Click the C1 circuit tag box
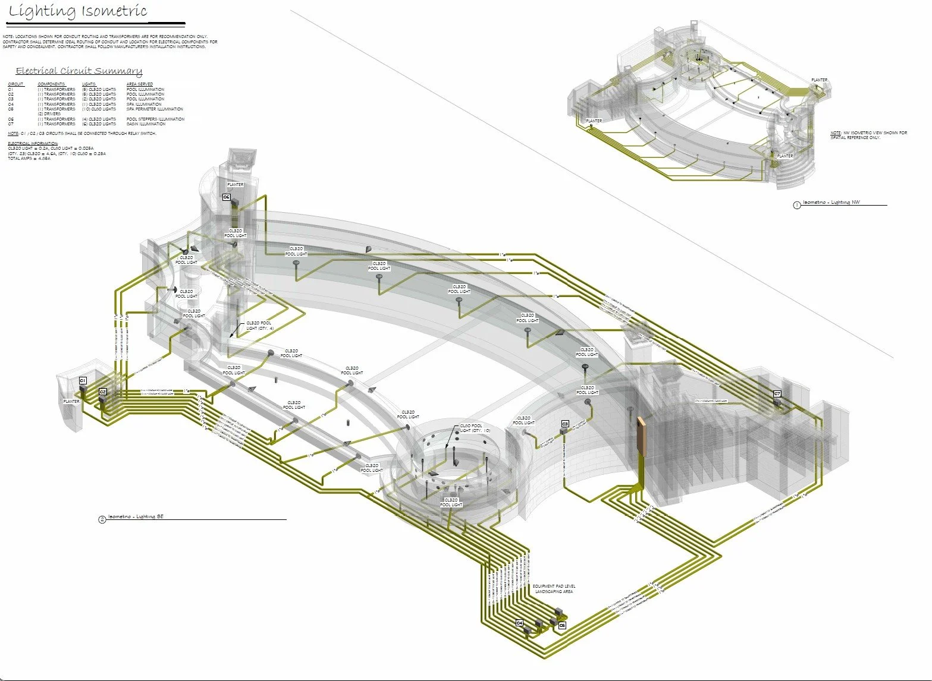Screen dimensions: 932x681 pyautogui.click(x=83, y=380)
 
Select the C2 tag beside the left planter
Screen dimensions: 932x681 pyautogui.click(x=103, y=392)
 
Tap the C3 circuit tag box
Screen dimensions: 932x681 pyautogui.click(x=565, y=424)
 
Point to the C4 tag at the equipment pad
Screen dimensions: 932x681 pyautogui.click(x=519, y=623)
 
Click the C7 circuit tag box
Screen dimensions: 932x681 pyautogui.click(x=777, y=394)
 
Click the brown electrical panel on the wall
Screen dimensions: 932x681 pyautogui.click(x=641, y=436)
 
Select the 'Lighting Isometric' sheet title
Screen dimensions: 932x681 pyautogui.click(x=78, y=11)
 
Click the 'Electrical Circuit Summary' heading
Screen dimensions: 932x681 pyautogui.click(x=79, y=71)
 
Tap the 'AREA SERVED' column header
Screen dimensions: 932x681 pyautogui.click(x=140, y=84)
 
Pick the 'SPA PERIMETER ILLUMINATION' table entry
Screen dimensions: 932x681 pyautogui.click(x=155, y=109)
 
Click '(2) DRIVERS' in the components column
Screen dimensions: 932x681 pyautogui.click(x=49, y=114)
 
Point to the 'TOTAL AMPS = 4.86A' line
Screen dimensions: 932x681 pyautogui.click(x=29, y=159)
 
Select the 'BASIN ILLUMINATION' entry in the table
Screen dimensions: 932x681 pyautogui.click(x=146, y=124)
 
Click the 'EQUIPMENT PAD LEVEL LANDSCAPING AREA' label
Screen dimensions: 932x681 pyautogui.click(x=554, y=589)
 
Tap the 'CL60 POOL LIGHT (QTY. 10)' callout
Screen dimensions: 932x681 pyautogui.click(x=475, y=428)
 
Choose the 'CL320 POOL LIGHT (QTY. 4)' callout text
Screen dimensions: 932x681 pyautogui.click(x=260, y=326)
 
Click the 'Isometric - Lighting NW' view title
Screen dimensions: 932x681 pyautogui.click(x=831, y=203)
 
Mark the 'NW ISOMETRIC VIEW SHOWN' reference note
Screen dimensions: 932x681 pyautogui.click(x=868, y=135)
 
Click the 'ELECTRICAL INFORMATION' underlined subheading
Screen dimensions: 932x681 pyautogui.click(x=33, y=144)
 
